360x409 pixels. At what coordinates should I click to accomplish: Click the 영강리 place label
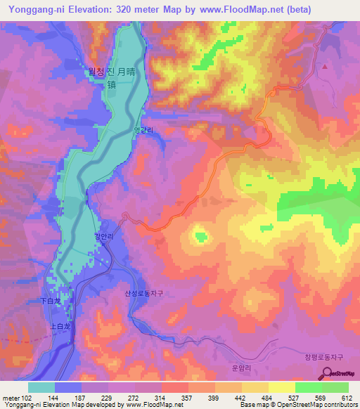tap(143, 130)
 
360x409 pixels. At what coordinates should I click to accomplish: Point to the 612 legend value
tap(347, 397)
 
